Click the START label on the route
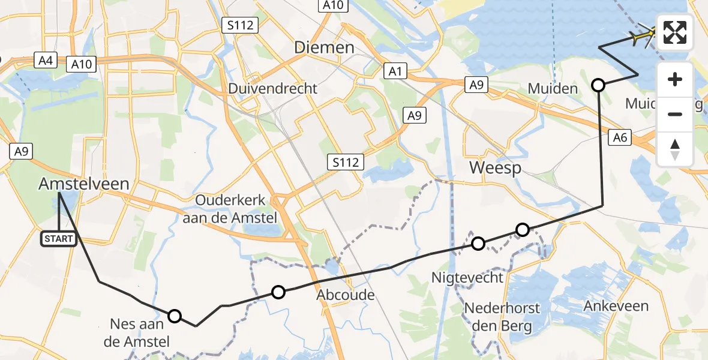point(59,239)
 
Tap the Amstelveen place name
point(84,184)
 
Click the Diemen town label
point(324,48)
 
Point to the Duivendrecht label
point(273,89)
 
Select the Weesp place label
point(495,167)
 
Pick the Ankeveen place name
point(616,306)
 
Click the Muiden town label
point(553,89)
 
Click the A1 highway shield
point(395,72)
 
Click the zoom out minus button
point(675,114)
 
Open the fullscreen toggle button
point(675,32)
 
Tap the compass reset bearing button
point(675,149)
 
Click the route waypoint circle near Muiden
point(598,85)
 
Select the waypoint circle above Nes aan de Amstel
point(174,316)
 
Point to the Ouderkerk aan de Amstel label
point(230,209)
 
